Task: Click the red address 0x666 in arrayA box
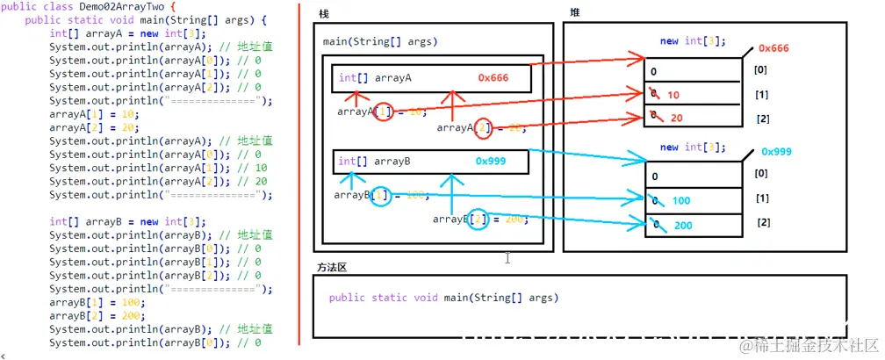[493, 78]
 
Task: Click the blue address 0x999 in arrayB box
[491, 162]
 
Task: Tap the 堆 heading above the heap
[574, 12]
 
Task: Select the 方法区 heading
[332, 267]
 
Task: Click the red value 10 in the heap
[673, 95]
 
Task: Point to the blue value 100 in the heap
[681, 202]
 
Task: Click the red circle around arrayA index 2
[482, 128]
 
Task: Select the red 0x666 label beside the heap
[773, 48]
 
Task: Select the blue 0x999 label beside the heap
[778, 151]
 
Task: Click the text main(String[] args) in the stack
[380, 41]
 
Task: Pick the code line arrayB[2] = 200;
[94, 315]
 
